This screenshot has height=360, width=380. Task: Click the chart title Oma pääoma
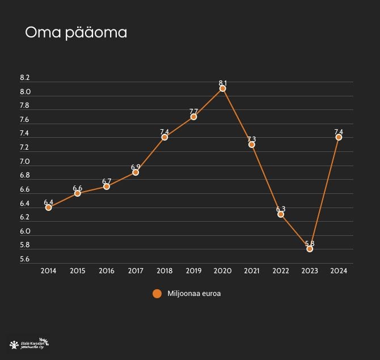click(76, 33)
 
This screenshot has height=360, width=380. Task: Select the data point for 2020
click(223, 88)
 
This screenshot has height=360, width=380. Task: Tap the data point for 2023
click(310, 249)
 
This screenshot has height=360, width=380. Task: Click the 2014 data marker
click(49, 207)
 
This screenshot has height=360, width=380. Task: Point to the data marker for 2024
click(339, 137)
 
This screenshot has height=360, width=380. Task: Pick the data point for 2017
click(136, 172)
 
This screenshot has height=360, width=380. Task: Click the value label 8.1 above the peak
click(223, 83)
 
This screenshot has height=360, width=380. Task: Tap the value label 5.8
click(310, 244)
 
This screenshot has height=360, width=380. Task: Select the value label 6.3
click(281, 209)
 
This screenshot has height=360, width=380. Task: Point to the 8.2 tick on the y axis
click(24, 78)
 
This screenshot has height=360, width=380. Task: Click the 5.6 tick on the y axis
click(24, 260)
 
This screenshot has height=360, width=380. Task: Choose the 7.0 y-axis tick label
click(24, 162)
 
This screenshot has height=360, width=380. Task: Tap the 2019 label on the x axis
click(194, 271)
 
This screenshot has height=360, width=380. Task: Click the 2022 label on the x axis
click(281, 271)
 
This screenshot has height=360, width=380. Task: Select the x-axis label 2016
click(107, 271)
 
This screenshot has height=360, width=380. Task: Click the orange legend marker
click(157, 294)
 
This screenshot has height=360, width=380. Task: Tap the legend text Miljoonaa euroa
click(194, 294)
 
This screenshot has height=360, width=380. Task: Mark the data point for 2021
click(252, 145)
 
